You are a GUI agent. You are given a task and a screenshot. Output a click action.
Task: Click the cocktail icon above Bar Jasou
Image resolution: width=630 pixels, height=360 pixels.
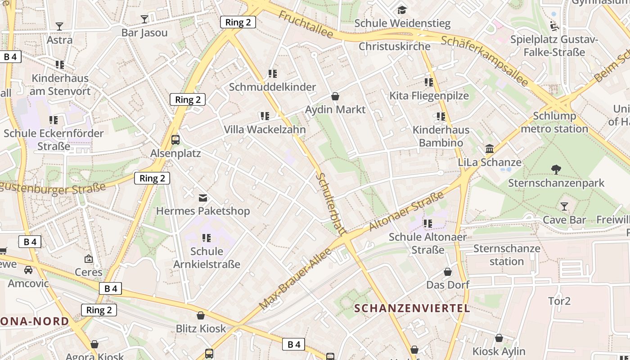click(144, 19)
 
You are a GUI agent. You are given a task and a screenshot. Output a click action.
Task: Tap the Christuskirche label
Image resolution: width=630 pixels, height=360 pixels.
click(394, 46)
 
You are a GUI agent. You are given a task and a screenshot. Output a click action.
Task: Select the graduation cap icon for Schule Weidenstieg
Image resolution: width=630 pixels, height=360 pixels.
click(402, 9)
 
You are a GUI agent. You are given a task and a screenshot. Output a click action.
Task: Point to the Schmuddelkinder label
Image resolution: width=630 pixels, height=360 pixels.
click(272, 87)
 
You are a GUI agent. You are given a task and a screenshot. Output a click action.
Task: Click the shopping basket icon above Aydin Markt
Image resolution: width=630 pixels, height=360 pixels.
click(335, 96)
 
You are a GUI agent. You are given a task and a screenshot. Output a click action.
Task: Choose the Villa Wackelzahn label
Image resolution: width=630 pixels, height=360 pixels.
click(265, 130)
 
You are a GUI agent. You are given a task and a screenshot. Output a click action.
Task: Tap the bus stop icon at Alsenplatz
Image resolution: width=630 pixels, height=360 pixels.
click(175, 140)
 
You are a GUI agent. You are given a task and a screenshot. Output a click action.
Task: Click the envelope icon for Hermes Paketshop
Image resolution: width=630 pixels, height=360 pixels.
click(203, 198)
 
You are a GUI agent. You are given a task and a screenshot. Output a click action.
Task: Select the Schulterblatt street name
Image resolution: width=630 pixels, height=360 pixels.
click(330, 203)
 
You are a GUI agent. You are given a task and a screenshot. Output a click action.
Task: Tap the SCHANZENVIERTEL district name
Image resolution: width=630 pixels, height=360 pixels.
click(412, 308)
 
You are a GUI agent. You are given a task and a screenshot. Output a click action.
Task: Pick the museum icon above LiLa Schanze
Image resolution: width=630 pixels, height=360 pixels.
click(490, 149)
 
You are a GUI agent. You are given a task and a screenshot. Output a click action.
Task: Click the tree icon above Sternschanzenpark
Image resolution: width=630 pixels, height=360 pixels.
click(556, 170)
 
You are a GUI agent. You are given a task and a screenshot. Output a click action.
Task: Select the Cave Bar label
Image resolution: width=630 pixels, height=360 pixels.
click(564, 220)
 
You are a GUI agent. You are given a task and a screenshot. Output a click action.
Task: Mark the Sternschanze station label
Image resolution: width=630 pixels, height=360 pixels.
click(507, 255)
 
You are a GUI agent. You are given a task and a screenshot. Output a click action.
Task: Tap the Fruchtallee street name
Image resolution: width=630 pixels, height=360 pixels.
click(306, 25)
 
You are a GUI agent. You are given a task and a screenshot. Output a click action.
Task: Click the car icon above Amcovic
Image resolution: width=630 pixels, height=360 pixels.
click(28, 270)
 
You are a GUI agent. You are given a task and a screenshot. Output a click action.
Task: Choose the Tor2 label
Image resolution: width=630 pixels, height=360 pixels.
click(559, 301)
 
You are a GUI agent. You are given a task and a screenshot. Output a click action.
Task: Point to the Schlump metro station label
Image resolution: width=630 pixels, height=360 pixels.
click(554, 122)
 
